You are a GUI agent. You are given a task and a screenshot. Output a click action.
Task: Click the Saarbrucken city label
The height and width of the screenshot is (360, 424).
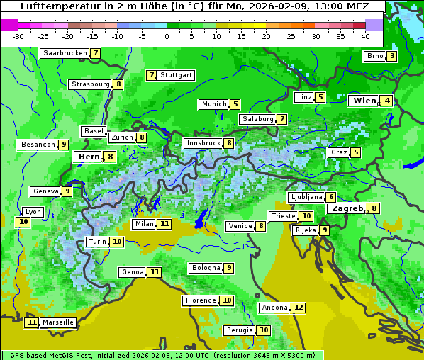(x=65, y=53)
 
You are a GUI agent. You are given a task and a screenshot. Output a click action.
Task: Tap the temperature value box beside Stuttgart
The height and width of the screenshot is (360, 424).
(x=151, y=75)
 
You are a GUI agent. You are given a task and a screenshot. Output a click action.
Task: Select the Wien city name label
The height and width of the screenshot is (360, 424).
(x=364, y=101)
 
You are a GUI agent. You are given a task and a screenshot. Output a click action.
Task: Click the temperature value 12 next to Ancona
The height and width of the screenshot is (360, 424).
(x=299, y=308)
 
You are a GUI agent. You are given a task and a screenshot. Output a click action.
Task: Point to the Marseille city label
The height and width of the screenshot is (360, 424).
(x=58, y=322)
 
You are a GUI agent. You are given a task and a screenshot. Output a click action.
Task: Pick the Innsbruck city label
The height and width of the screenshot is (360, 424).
(x=203, y=143)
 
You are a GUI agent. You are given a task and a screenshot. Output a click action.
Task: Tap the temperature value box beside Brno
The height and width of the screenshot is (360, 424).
(x=391, y=57)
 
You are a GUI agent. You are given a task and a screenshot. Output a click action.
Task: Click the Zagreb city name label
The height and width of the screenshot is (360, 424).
(x=347, y=208)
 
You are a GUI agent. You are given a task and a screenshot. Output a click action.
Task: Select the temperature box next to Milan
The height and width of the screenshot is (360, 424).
(x=164, y=224)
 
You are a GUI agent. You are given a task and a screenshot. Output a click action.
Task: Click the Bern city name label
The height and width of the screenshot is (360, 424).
(x=89, y=157)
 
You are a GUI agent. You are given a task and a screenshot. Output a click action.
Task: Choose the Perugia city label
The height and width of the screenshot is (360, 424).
(x=238, y=330)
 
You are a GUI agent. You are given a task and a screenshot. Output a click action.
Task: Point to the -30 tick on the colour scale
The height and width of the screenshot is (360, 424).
(x=18, y=36)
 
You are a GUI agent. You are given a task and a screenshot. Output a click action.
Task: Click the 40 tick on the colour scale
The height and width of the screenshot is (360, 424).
(x=365, y=36)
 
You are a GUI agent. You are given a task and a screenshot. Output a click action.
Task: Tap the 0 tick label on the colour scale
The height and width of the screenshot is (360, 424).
(x=167, y=36)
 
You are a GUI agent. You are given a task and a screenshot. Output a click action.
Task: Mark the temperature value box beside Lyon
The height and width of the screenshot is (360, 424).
(x=23, y=222)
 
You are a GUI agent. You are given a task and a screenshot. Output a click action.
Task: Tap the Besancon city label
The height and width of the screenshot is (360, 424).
(x=38, y=145)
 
